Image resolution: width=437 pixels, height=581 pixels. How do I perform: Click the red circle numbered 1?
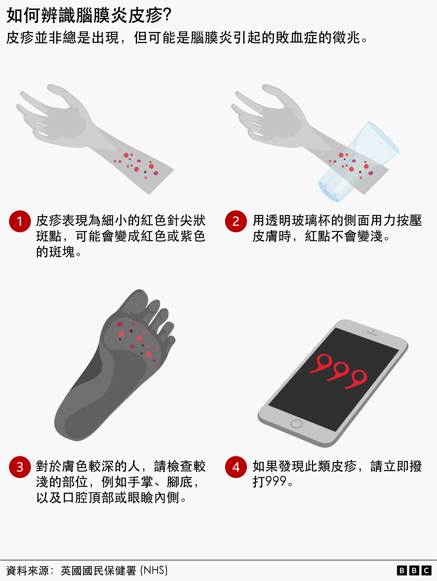click(20, 221)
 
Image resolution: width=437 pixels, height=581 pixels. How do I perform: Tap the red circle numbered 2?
click(236, 221)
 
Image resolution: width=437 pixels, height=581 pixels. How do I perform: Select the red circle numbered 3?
click(20, 467)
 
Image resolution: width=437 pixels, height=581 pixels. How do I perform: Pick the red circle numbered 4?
click(236, 467)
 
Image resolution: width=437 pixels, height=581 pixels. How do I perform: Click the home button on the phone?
click(296, 424)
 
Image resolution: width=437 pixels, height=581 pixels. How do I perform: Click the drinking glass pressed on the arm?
click(363, 161)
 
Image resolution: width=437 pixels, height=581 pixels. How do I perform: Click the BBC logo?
click(414, 571)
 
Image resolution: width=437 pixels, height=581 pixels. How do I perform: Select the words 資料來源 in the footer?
click(27, 571)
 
